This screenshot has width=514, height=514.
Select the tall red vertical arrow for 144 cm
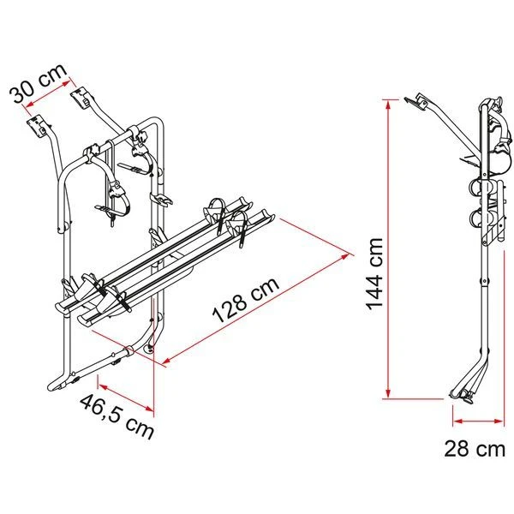tap(389, 248)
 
